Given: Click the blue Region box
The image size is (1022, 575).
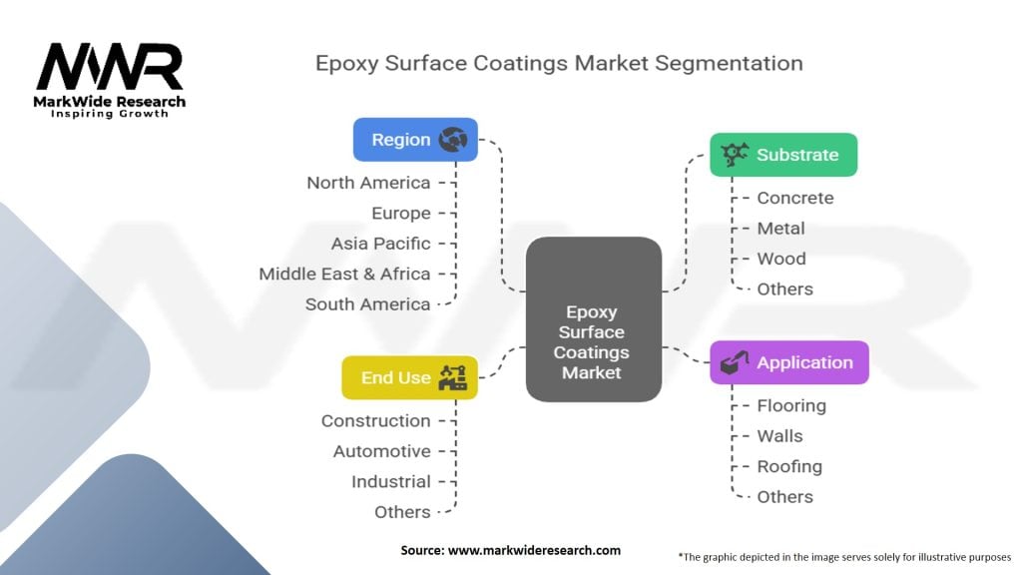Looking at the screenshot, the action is pyautogui.click(x=415, y=140).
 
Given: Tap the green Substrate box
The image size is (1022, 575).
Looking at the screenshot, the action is pyautogui.click(x=783, y=155).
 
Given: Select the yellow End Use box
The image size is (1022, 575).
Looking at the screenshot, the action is pyautogui.click(x=409, y=377).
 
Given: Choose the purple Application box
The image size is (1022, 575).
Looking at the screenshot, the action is pyautogui.click(x=788, y=362).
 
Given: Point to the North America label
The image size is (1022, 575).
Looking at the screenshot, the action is pyautogui.click(x=368, y=183).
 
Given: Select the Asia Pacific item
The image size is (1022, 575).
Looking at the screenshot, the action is pyautogui.click(x=380, y=244).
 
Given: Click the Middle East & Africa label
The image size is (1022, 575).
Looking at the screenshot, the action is pyautogui.click(x=344, y=274).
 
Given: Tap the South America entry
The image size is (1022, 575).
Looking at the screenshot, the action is pyautogui.click(x=367, y=304).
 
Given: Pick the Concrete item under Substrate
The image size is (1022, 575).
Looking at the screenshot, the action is pyautogui.click(x=794, y=198).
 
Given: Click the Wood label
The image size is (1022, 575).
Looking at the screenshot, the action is pyautogui.click(x=780, y=259).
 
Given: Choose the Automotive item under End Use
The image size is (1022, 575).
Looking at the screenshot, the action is pyautogui.click(x=381, y=451).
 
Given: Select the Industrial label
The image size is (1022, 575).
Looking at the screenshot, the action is pyautogui.click(x=390, y=481).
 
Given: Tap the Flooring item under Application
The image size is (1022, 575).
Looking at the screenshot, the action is pyautogui.click(x=790, y=405).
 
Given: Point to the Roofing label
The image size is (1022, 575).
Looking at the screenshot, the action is pyautogui.click(x=788, y=466).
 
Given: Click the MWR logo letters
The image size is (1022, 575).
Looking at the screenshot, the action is pyautogui.click(x=110, y=68).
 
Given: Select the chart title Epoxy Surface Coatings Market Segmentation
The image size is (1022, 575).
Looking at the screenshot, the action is pyautogui.click(x=559, y=63).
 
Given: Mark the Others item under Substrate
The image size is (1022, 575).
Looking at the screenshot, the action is pyautogui.click(x=784, y=288).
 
